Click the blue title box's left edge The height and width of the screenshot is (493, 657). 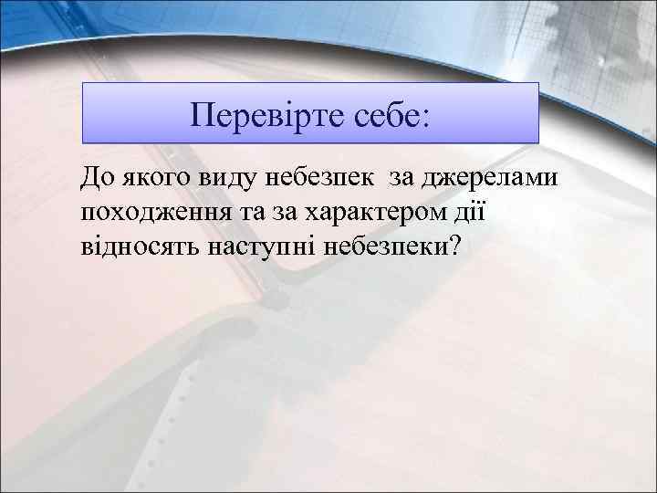tap(83, 113)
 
